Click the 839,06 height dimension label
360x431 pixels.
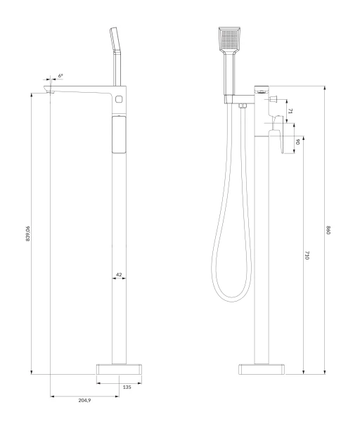point(27,233)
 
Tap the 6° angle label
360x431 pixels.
point(60,75)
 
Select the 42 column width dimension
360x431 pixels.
point(119,274)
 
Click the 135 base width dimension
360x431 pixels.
point(127,387)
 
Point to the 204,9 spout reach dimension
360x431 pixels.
point(84,400)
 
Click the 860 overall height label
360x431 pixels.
point(328,230)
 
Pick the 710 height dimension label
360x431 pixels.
point(307,255)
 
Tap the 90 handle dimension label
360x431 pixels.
point(297,142)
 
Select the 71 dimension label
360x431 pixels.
point(290,111)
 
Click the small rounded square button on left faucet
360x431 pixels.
point(119,98)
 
